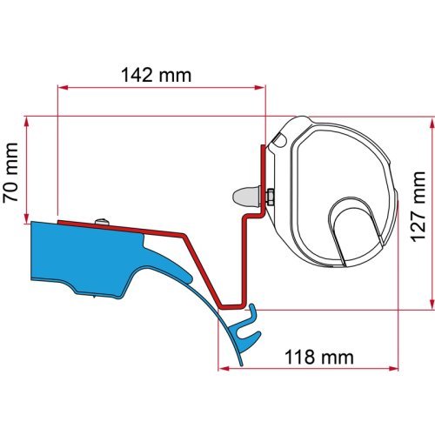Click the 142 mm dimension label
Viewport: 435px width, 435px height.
(160, 75)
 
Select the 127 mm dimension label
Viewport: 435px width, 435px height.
(420, 214)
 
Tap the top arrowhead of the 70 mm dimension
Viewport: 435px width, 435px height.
(31, 121)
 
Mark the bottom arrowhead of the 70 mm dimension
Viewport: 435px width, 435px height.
(31, 217)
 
